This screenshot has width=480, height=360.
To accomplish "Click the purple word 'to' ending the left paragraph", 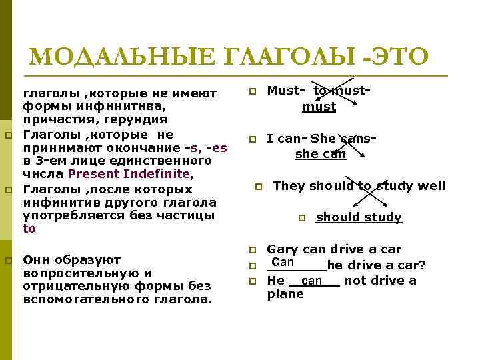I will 29,229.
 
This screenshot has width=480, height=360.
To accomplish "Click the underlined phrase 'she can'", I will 321,155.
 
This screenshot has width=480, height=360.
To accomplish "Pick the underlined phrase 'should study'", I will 359,217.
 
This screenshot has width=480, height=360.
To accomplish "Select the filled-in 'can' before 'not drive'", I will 311,281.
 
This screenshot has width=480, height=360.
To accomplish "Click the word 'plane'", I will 285,295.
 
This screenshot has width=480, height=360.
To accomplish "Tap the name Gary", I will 283,249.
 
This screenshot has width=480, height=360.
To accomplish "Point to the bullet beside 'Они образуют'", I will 8,260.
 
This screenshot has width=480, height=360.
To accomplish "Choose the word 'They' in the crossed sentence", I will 289,186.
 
